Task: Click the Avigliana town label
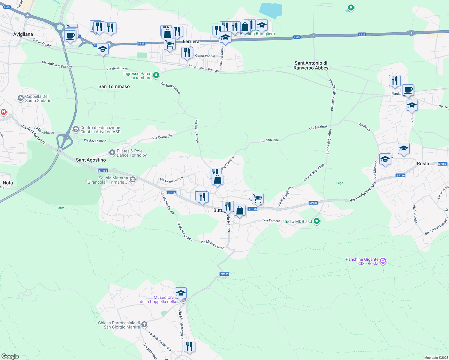[23, 34]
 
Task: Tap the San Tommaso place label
[114, 86]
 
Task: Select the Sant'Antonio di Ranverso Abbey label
[311, 65]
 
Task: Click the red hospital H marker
[4, 112]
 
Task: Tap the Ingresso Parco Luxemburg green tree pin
[156, 75]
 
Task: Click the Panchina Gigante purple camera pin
[383, 261]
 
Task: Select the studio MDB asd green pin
[316, 221]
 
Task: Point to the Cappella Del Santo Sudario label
[38, 98]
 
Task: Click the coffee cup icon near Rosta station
[408, 90]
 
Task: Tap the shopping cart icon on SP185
[258, 198]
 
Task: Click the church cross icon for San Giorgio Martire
[144, 325]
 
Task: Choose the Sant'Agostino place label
[91, 160]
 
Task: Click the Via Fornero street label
[272, 220]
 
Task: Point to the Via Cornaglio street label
[162, 137]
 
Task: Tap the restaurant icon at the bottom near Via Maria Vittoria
[189, 346]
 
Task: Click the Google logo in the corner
[10, 356]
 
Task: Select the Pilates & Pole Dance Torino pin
[112, 153]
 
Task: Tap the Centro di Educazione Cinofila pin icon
[76, 129]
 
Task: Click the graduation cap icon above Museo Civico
[181, 293]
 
